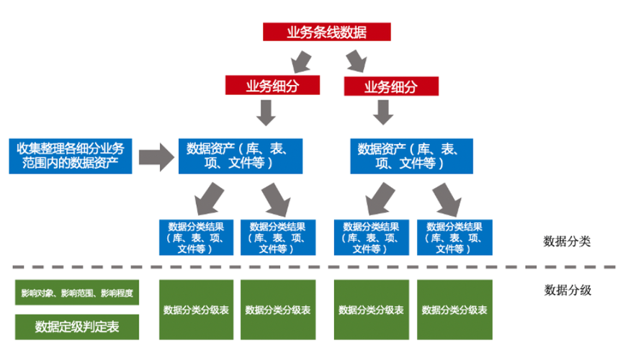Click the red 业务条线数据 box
[x=326, y=32]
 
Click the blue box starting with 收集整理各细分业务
[x=70, y=156]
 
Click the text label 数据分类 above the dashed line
[x=568, y=241]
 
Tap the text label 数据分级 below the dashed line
[x=568, y=291]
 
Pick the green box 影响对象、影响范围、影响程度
[x=77, y=293]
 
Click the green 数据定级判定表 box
[x=77, y=326]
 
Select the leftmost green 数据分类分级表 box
[x=196, y=310]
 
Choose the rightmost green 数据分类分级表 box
[x=454, y=310]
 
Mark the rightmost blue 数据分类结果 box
[x=454, y=236]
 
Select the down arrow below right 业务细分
[x=382, y=111]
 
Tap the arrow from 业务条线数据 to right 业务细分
[x=355, y=59]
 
